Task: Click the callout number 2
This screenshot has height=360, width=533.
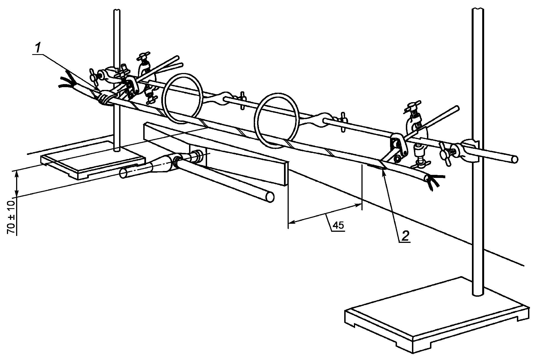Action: pos(404,236)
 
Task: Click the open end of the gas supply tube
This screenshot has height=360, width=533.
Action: pos(123,174)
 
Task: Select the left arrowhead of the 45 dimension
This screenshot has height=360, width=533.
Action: pos(291,222)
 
